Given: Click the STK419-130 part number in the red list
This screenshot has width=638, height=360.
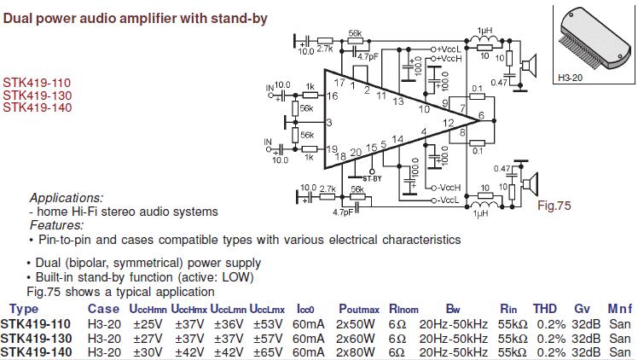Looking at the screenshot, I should pos(36,96).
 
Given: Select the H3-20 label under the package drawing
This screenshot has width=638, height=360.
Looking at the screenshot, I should pos(569,78).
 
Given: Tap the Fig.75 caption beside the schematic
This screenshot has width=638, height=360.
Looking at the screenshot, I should pos(554,206).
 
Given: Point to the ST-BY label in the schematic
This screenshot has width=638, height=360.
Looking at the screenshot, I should pos(372,177).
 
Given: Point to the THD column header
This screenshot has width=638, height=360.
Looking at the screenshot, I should pos(544,309).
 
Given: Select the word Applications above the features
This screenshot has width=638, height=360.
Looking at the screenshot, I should pos(66,197).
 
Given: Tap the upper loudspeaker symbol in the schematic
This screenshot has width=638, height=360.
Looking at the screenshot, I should pos(531,62).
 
